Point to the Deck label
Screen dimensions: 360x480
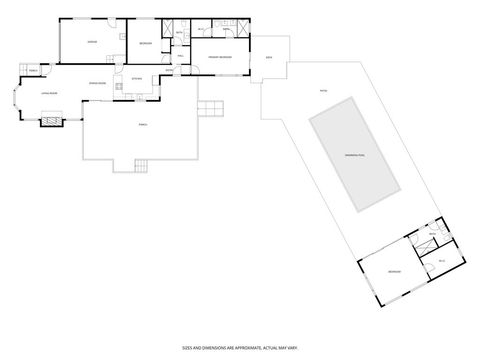[270, 58]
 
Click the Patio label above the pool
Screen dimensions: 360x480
[323, 90]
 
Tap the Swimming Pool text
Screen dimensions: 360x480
[354, 155]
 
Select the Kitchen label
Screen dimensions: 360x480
[137, 77]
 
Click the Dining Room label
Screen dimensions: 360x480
[98, 83]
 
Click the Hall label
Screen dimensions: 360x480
[181, 55]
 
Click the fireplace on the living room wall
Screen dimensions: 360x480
[50, 121]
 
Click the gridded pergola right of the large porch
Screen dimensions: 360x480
[211, 108]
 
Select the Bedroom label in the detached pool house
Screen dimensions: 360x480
[394, 271]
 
